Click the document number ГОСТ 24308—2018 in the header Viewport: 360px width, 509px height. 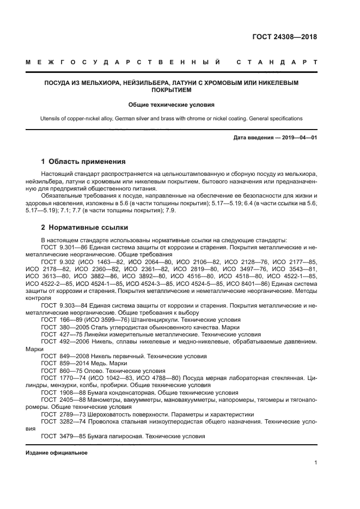[284, 38]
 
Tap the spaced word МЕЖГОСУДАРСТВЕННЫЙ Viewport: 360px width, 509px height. [123, 63]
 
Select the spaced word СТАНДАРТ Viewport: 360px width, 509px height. [277, 63]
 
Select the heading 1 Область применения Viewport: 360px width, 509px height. [83, 162]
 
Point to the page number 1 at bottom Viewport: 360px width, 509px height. [315, 463]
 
